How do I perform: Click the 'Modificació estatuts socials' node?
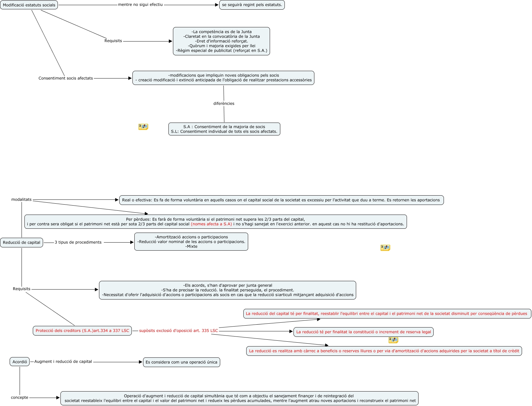[29, 5]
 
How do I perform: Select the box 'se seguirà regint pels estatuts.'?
[252, 5]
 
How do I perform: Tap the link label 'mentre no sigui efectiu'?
[140, 5]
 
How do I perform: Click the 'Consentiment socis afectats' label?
[66, 78]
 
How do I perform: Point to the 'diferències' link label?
[224, 104]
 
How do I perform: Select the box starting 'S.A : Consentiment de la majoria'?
[224, 129]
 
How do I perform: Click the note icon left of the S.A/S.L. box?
[143, 127]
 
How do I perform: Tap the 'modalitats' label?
[21, 199]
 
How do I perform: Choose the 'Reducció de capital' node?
[22, 243]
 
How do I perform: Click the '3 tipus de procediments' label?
[78, 242]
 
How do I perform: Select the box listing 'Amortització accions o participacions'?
[191, 242]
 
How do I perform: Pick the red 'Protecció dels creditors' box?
[82, 331]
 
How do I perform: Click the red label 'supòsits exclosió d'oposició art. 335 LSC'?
[178, 331]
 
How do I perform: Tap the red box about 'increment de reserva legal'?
[363, 332]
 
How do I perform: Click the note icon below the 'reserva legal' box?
[393, 340]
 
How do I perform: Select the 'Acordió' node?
[20, 362]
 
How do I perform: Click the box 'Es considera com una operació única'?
[181, 362]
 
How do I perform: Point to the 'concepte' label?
[20, 398]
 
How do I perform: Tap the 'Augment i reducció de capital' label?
[63, 362]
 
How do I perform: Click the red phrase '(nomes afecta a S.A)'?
[211, 224]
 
